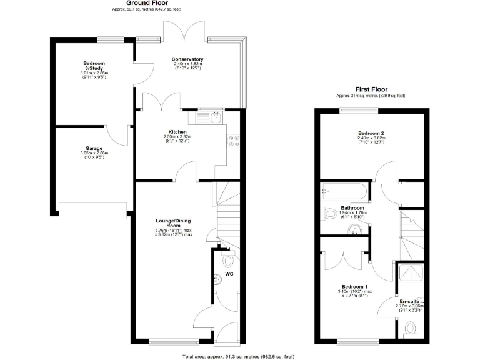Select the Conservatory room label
[x=187, y=59]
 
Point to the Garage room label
[x=94, y=148]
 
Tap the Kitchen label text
[x=178, y=132]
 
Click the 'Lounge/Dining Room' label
[x=173, y=223]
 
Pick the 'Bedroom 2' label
[x=371, y=133]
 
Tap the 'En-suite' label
[x=409, y=301]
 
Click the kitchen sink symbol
[x=210, y=116]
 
